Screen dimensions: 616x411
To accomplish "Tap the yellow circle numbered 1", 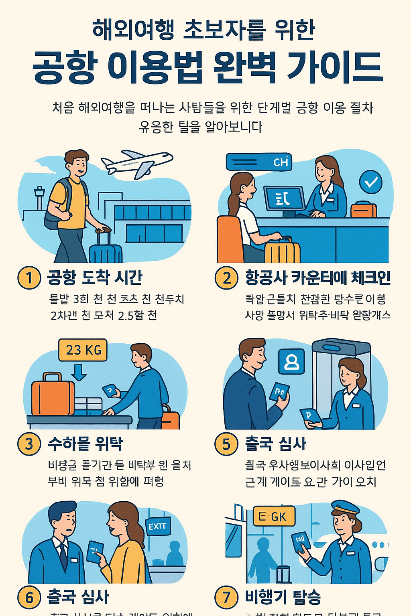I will (x=29, y=278).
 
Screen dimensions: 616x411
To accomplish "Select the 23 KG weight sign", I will (x=83, y=350).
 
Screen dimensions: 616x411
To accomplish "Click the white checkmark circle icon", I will (x=370, y=182).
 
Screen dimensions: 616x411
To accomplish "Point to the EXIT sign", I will (x=158, y=526).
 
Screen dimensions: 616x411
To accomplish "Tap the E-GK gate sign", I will (x=274, y=517).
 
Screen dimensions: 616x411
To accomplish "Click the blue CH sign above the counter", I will (x=259, y=162).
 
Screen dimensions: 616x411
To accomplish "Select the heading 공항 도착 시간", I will (x=95, y=277).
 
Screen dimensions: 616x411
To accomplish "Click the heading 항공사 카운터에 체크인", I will (x=318, y=278).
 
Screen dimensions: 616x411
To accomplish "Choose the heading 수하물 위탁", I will (x=85, y=444).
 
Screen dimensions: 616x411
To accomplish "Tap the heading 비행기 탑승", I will (x=283, y=597).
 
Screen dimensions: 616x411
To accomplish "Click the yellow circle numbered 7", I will (x=226, y=597).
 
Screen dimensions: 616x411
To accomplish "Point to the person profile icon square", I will (x=291, y=361).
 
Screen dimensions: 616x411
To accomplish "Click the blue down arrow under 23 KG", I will (x=79, y=372).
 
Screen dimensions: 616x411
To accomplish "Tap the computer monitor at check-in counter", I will (x=284, y=199).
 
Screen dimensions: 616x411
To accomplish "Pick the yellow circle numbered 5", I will (x=226, y=444).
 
